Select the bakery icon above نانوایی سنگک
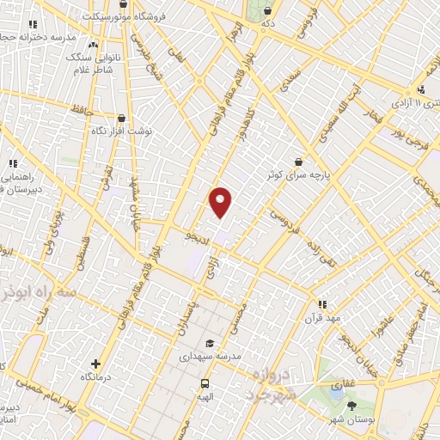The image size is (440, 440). click(92, 44)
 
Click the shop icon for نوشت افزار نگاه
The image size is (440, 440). click(121, 119)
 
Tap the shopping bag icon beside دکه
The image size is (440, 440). click(269, 10)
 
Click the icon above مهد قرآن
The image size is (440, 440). click(323, 303)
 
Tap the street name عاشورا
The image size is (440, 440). click(382, 323)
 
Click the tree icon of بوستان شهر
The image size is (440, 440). click(351, 405)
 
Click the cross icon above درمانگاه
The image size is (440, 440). click(96, 364)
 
